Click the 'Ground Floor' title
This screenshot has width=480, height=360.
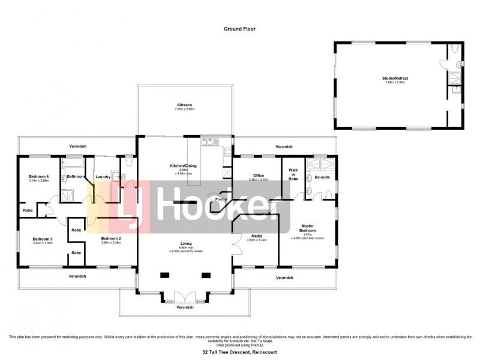point(239,28)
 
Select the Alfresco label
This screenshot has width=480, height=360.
point(184,104)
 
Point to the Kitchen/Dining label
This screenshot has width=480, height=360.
point(184,166)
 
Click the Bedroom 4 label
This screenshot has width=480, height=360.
point(39,176)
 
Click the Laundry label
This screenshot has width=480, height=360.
point(102,176)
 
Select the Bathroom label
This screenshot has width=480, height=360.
point(76,176)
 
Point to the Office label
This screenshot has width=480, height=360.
point(259,175)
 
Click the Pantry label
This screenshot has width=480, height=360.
point(221,199)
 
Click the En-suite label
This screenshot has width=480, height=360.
point(321,178)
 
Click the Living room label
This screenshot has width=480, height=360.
point(185,243)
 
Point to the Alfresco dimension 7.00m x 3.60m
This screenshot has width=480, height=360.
point(184,109)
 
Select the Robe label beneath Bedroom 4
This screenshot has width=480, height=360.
point(28,211)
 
